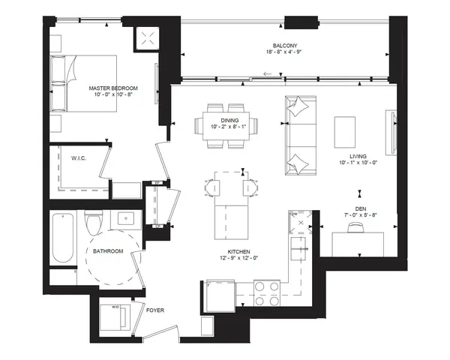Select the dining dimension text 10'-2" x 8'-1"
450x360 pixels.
[230, 127]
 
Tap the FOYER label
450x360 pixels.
[155, 310]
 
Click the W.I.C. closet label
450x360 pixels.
[81, 158]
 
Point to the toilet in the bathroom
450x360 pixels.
[94, 223]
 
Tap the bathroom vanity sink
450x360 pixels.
[124, 220]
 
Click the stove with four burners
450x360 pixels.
[268, 292]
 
